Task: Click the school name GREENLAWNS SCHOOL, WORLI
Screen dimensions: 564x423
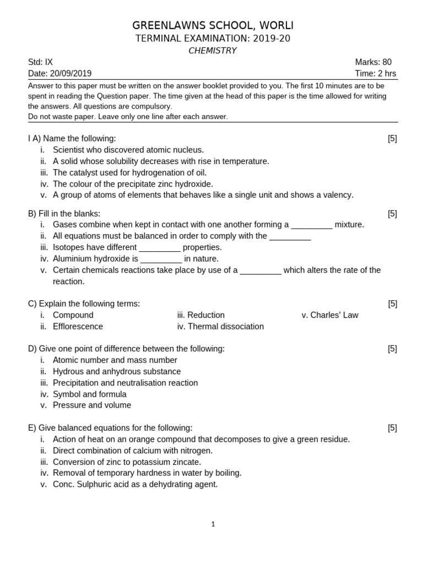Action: coord(213,25)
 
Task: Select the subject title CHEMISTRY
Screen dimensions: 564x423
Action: coord(213,51)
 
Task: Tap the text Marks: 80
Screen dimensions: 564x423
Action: coord(373,62)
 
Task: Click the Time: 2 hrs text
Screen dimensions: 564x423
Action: coord(375,74)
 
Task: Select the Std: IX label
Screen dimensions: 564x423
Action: coord(40,62)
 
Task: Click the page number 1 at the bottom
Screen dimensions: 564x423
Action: coord(213,524)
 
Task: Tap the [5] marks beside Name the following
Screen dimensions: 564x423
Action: coord(392,139)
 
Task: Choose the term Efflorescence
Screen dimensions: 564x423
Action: coord(78,327)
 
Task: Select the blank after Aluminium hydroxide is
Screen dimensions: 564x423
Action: coord(161,259)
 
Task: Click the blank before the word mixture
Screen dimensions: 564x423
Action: coord(312,225)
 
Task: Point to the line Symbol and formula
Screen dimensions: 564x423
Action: coord(89,394)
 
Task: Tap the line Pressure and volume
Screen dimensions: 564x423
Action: coord(92,405)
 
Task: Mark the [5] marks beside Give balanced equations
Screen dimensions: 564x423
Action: coord(392,428)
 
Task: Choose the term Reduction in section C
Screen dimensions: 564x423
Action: coord(206,315)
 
